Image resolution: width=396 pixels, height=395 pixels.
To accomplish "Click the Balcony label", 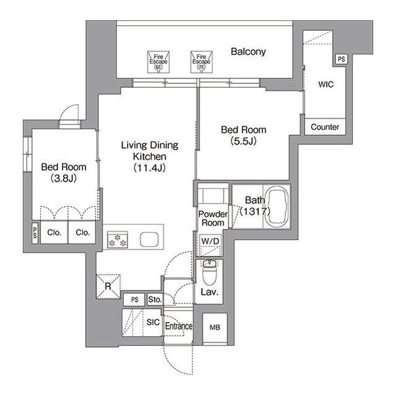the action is [248, 52].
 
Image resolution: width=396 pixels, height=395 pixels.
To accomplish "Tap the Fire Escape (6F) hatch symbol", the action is [158, 62].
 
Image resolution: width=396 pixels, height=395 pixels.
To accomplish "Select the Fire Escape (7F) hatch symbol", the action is [201, 62].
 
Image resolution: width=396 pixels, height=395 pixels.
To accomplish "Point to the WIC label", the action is [326, 84].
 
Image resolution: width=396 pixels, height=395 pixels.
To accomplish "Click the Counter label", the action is [325, 127].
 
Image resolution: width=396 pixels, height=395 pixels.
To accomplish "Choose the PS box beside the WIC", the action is [341, 59].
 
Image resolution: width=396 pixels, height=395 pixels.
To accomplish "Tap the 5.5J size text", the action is [243, 142].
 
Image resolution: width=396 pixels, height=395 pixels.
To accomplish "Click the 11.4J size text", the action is [150, 168].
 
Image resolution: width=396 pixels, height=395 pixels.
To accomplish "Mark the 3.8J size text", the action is [64, 178].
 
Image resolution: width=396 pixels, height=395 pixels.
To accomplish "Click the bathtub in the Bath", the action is [277, 206].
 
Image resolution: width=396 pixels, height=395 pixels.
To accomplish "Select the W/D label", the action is [210, 241].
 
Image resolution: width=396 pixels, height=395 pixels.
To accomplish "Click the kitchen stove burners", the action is [118, 240].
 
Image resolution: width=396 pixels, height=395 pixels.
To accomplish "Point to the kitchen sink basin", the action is [149, 240].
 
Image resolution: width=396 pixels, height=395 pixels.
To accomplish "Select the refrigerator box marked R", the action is [108, 287].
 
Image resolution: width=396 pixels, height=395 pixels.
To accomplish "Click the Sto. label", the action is [155, 299].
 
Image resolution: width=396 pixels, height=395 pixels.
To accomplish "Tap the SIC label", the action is [153, 322].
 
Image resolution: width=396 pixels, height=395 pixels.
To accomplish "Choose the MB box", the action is [215, 328].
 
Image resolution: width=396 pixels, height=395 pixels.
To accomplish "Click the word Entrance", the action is [179, 326].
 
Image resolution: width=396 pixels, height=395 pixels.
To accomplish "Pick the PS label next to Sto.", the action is [135, 300].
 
